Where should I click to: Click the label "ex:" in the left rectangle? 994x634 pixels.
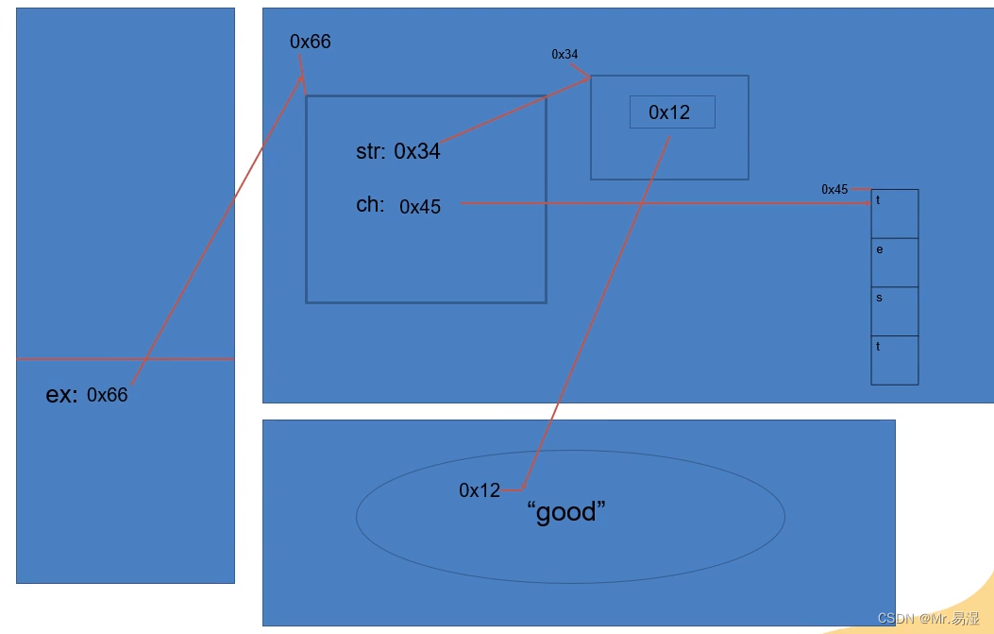tap(61, 395)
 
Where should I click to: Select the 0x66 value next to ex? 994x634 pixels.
tap(107, 395)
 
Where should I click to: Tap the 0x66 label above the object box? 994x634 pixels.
tap(310, 42)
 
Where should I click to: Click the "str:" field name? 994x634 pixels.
tap(370, 151)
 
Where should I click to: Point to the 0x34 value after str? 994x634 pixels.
tap(417, 151)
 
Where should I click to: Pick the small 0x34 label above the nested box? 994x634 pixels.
tap(564, 55)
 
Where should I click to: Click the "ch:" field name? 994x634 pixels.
tap(370, 205)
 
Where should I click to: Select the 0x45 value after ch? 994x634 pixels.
tap(420, 207)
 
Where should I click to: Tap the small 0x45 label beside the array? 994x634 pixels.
tap(834, 190)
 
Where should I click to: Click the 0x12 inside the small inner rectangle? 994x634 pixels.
tap(669, 112)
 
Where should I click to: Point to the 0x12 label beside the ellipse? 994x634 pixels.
tap(480, 490)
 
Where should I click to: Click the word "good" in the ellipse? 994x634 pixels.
tap(566, 513)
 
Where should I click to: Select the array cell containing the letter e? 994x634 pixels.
tap(894, 263)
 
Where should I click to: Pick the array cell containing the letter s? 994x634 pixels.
tap(894, 311)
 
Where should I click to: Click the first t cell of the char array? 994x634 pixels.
tap(894, 214)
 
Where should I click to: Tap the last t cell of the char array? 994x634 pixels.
tap(894, 360)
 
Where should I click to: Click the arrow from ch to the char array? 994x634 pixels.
tap(661, 203)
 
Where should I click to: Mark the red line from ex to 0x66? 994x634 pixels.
tap(217, 231)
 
